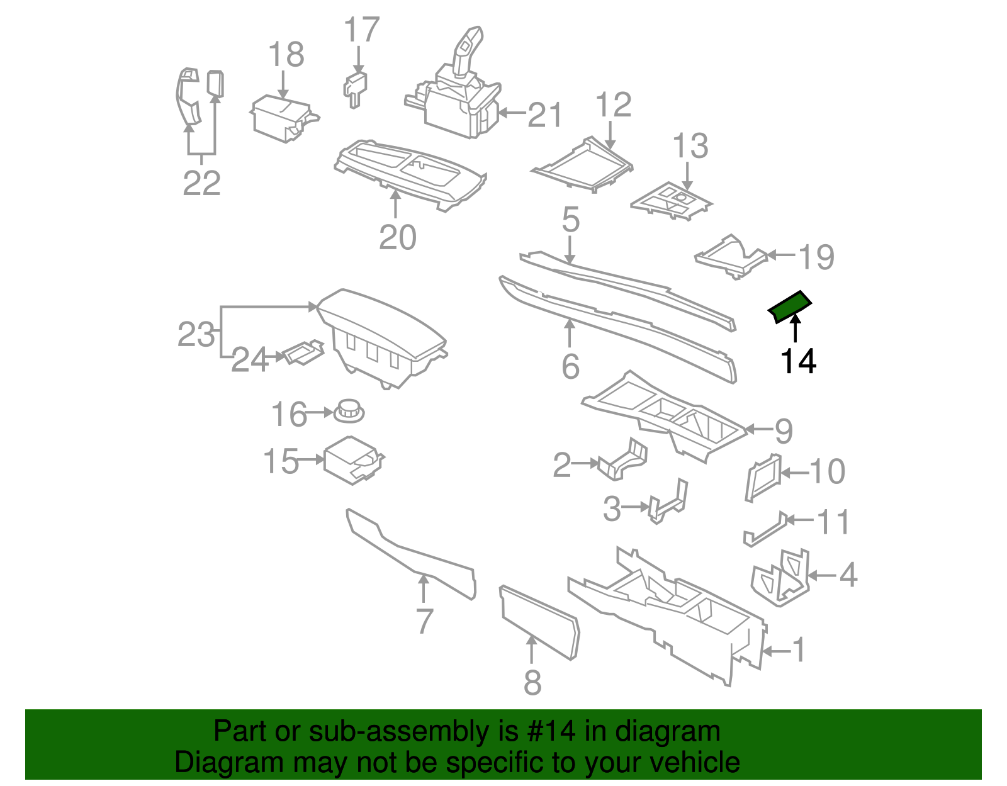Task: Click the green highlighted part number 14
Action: pos(789,306)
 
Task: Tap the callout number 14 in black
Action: pos(797,361)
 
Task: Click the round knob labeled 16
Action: pos(349,411)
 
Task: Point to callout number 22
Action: pos(201,182)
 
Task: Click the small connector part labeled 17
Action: pos(356,87)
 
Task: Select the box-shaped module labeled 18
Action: pos(281,118)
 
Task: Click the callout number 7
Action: pos(424,621)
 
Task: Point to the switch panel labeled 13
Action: pos(671,201)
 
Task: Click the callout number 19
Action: pos(816,257)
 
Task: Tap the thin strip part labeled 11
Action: pos(765,529)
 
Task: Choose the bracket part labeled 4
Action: pos(780,577)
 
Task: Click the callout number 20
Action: pos(397,237)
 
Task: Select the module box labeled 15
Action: pos(351,460)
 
